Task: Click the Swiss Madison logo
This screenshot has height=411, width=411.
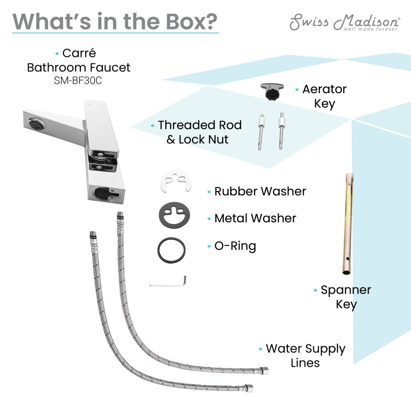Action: [344, 23]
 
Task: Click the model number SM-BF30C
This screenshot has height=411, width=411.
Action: [78, 81]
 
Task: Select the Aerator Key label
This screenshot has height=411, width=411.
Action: [324, 96]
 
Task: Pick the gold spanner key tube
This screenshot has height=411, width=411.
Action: [349, 224]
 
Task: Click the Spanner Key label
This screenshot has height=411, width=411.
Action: [346, 297]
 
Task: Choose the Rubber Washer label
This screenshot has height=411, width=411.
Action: [260, 191]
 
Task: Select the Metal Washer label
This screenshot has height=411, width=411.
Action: [255, 218]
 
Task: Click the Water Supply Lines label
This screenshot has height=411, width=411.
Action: [305, 356]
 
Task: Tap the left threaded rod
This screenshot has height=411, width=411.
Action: [261, 131]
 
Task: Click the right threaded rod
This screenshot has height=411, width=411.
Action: [282, 130]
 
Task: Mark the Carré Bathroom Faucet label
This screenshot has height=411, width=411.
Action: [79, 60]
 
